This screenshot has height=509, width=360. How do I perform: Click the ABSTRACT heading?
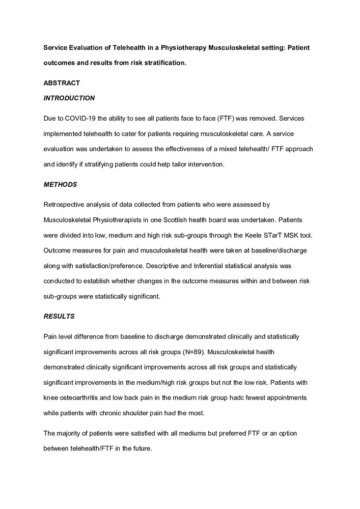pos(62,82)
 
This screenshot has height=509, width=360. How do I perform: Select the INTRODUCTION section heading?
pos(69,98)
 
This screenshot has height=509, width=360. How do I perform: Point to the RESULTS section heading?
pos(59,316)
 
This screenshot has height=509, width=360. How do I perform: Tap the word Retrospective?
pos(66,205)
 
